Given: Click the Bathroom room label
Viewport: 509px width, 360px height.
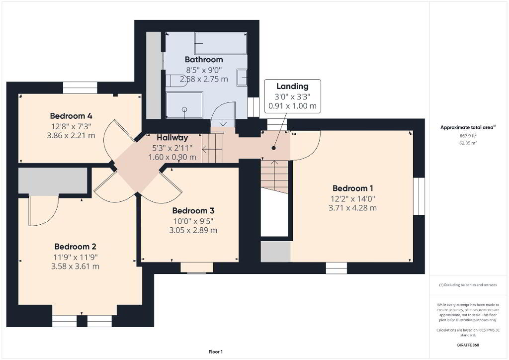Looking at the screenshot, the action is tap(204, 60).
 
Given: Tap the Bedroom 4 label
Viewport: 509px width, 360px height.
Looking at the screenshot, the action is tap(71, 116).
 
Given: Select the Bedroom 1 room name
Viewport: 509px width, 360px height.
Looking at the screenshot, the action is tap(353, 188).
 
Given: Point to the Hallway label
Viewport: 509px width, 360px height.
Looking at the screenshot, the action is tap(172, 138).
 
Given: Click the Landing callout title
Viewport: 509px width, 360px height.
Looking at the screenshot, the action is tap(292, 87).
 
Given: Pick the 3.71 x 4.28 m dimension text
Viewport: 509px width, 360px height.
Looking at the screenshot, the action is tap(352, 208).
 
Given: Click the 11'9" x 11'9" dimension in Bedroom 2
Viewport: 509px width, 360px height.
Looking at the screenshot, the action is tap(76, 257).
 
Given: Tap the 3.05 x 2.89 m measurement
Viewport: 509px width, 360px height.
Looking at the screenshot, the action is tap(193, 230).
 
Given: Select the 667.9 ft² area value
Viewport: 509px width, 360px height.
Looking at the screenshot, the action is tap(468, 136).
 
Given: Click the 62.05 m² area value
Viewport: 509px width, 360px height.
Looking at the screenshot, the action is tap(468, 143).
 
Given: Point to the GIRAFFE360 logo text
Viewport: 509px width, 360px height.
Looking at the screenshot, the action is tap(468, 345).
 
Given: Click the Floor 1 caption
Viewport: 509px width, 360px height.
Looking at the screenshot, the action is tap(216, 352).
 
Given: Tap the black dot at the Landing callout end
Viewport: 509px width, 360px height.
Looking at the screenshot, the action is tap(274, 148).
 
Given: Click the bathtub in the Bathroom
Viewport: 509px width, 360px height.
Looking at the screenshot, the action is tap(220, 43).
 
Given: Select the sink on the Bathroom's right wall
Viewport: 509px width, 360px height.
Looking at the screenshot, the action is tap(242, 77).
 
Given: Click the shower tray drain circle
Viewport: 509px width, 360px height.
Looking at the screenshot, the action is tap(184, 109).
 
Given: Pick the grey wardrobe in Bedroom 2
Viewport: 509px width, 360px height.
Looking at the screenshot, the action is tap(53, 181).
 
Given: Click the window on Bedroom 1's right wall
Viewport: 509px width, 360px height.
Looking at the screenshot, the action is tap(419, 196).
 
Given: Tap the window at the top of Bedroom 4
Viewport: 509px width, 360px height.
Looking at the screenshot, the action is tap(80, 88).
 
